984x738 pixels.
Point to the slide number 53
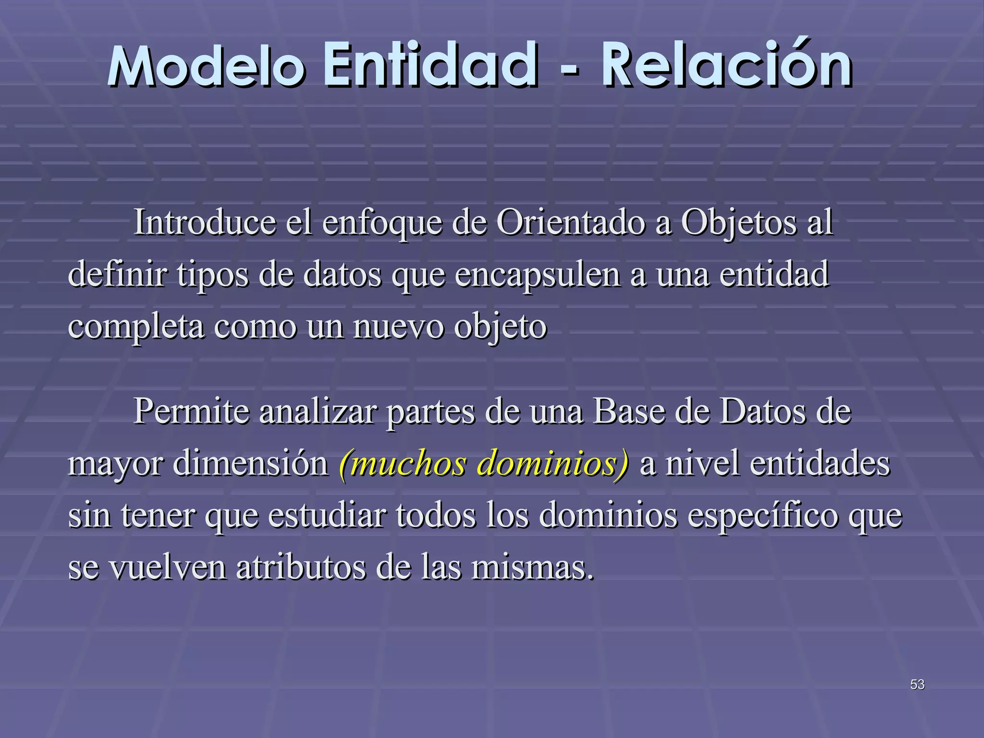pos(917,684)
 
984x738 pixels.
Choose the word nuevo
pos(398,327)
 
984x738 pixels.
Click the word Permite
pos(191,412)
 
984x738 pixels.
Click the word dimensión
pos(250,464)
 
